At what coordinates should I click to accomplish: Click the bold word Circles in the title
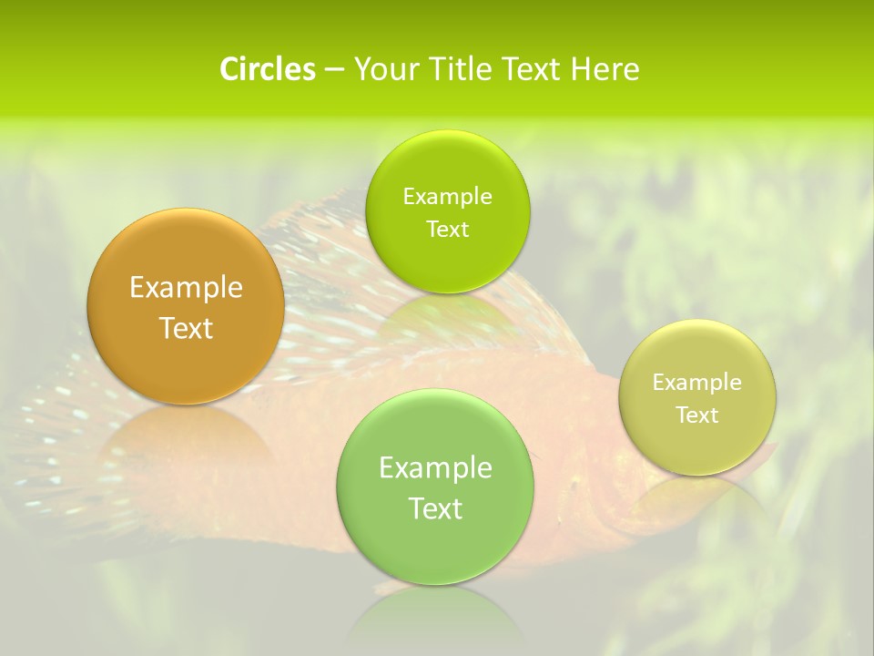tap(267, 69)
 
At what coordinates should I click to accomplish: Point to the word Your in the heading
tap(384, 69)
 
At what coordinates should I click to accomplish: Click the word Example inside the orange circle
tap(186, 288)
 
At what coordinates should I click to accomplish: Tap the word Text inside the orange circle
tap(186, 328)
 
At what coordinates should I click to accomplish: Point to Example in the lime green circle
tap(447, 197)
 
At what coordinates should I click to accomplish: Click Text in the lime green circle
tap(447, 230)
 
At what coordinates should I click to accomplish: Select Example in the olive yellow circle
tap(697, 383)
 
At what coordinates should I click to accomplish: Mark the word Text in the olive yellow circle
tap(697, 415)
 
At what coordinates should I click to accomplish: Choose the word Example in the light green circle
tap(435, 468)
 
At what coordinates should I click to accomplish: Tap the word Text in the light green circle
tap(435, 508)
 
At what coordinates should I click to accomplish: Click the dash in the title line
tap(333, 70)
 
